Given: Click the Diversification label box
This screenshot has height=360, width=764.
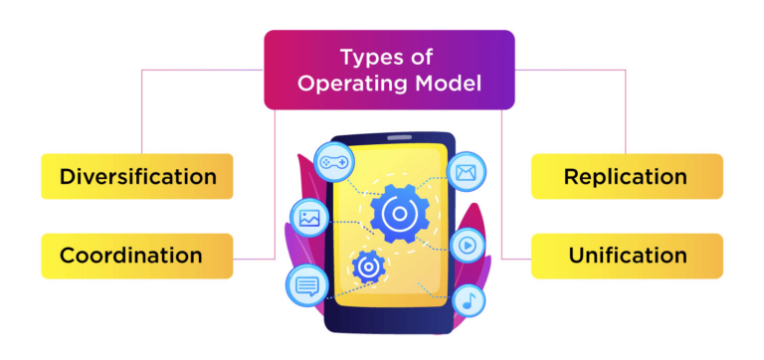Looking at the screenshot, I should [137, 177].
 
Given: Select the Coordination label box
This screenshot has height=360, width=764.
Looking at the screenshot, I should [137, 256].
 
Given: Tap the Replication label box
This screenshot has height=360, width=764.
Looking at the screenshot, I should [626, 177].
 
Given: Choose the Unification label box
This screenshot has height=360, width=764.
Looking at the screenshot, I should [626, 256].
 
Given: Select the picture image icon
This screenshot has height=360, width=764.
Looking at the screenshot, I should [307, 216].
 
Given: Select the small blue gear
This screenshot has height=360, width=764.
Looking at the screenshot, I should [368, 266].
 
